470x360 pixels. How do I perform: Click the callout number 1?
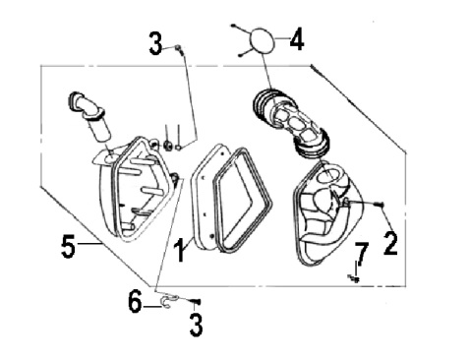180,250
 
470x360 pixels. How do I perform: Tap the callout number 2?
390,243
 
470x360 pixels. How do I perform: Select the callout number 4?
297,38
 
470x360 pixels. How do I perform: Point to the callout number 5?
68,246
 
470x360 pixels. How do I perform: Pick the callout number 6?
135,301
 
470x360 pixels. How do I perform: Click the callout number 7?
361,254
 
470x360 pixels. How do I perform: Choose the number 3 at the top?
155,43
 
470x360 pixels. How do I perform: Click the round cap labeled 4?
262,39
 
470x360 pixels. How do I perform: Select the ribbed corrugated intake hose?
290,122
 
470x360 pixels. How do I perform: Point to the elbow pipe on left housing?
89,116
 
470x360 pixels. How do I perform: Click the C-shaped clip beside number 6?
169,301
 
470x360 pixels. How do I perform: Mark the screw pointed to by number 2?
380,204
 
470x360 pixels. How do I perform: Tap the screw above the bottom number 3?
195,301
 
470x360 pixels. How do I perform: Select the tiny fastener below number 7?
353,278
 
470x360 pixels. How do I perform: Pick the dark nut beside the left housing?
168,145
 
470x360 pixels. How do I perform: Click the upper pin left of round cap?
234,26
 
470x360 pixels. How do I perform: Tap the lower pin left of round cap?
241,54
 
